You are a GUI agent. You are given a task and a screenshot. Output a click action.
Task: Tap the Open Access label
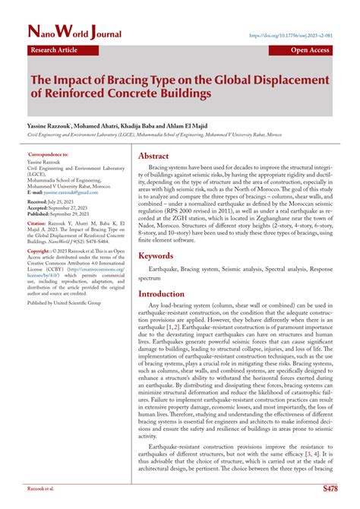pos(309,50)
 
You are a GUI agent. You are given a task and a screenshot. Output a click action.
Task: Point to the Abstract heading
pos(158,156)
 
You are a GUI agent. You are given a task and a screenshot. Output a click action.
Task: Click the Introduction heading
pos(171,293)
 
